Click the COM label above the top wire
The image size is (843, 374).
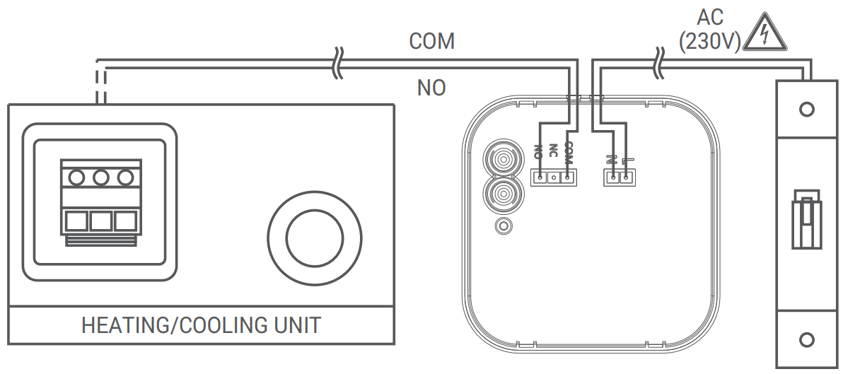(x=431, y=42)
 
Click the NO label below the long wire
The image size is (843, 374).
(x=431, y=88)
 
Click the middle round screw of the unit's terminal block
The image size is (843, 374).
(x=100, y=177)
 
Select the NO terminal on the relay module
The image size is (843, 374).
(x=540, y=177)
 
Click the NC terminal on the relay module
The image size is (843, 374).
(x=554, y=177)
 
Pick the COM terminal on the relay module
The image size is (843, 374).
(x=567, y=177)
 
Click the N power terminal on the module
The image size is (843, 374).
(x=612, y=177)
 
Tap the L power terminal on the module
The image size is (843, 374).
(x=626, y=177)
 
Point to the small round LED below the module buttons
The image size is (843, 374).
(x=503, y=226)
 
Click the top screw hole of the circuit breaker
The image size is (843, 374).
(x=806, y=110)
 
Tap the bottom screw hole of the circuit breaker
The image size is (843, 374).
(x=806, y=341)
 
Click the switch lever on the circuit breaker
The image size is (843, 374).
(x=806, y=218)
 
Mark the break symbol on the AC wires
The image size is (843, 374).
(x=660, y=62)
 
